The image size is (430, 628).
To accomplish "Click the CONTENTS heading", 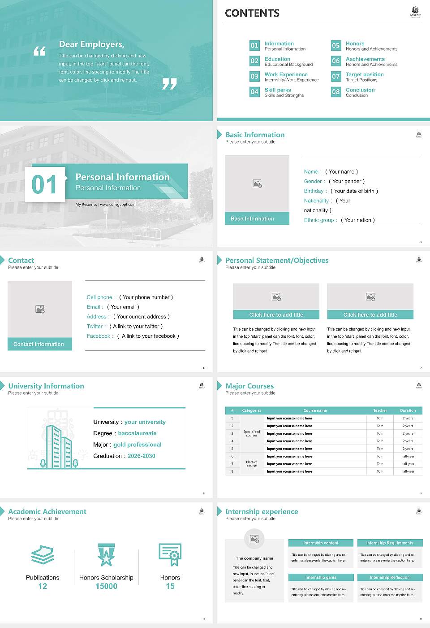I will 252,13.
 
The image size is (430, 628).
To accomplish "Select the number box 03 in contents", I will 254,76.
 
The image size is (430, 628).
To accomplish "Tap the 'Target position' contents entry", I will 365,74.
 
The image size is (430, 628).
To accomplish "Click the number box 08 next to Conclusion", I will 336,92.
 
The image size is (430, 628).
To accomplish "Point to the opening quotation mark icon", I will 39,51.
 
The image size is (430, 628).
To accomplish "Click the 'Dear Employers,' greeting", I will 91,44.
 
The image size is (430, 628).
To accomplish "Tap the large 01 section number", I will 44,184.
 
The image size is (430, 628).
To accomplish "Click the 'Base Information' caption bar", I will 257,218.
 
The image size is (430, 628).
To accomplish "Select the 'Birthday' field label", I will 314,191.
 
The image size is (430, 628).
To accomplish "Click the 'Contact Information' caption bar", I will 39,344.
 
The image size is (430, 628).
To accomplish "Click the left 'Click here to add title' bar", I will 276,315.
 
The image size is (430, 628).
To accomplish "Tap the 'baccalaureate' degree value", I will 137,433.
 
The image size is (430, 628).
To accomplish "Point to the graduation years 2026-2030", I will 141,456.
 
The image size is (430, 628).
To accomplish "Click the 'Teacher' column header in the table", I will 380,410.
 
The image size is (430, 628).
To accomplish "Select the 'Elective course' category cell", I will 252,464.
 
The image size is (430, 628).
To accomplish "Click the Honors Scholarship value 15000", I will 106,586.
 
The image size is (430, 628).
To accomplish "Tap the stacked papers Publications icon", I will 43,555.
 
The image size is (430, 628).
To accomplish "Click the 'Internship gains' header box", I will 321,577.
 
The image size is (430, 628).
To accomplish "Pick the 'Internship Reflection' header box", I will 390,577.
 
